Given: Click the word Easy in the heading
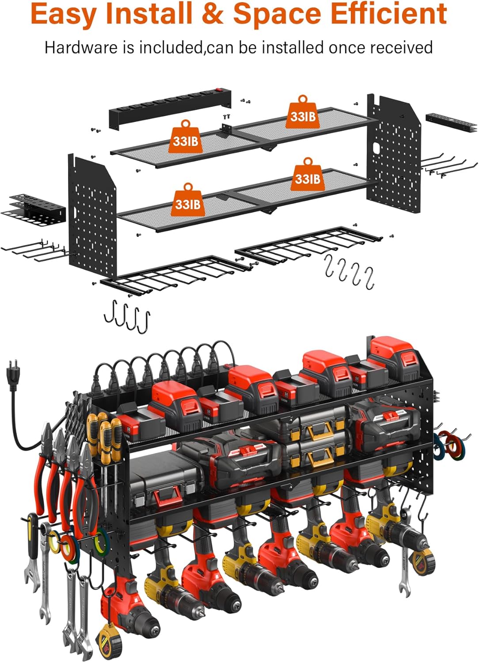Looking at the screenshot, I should pyautogui.click(x=64, y=14).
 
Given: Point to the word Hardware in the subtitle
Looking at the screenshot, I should pyautogui.click(x=82, y=47).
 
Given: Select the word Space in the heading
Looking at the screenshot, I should pyautogui.click(x=277, y=14).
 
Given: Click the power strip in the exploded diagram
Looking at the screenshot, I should pyautogui.click(x=170, y=108).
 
